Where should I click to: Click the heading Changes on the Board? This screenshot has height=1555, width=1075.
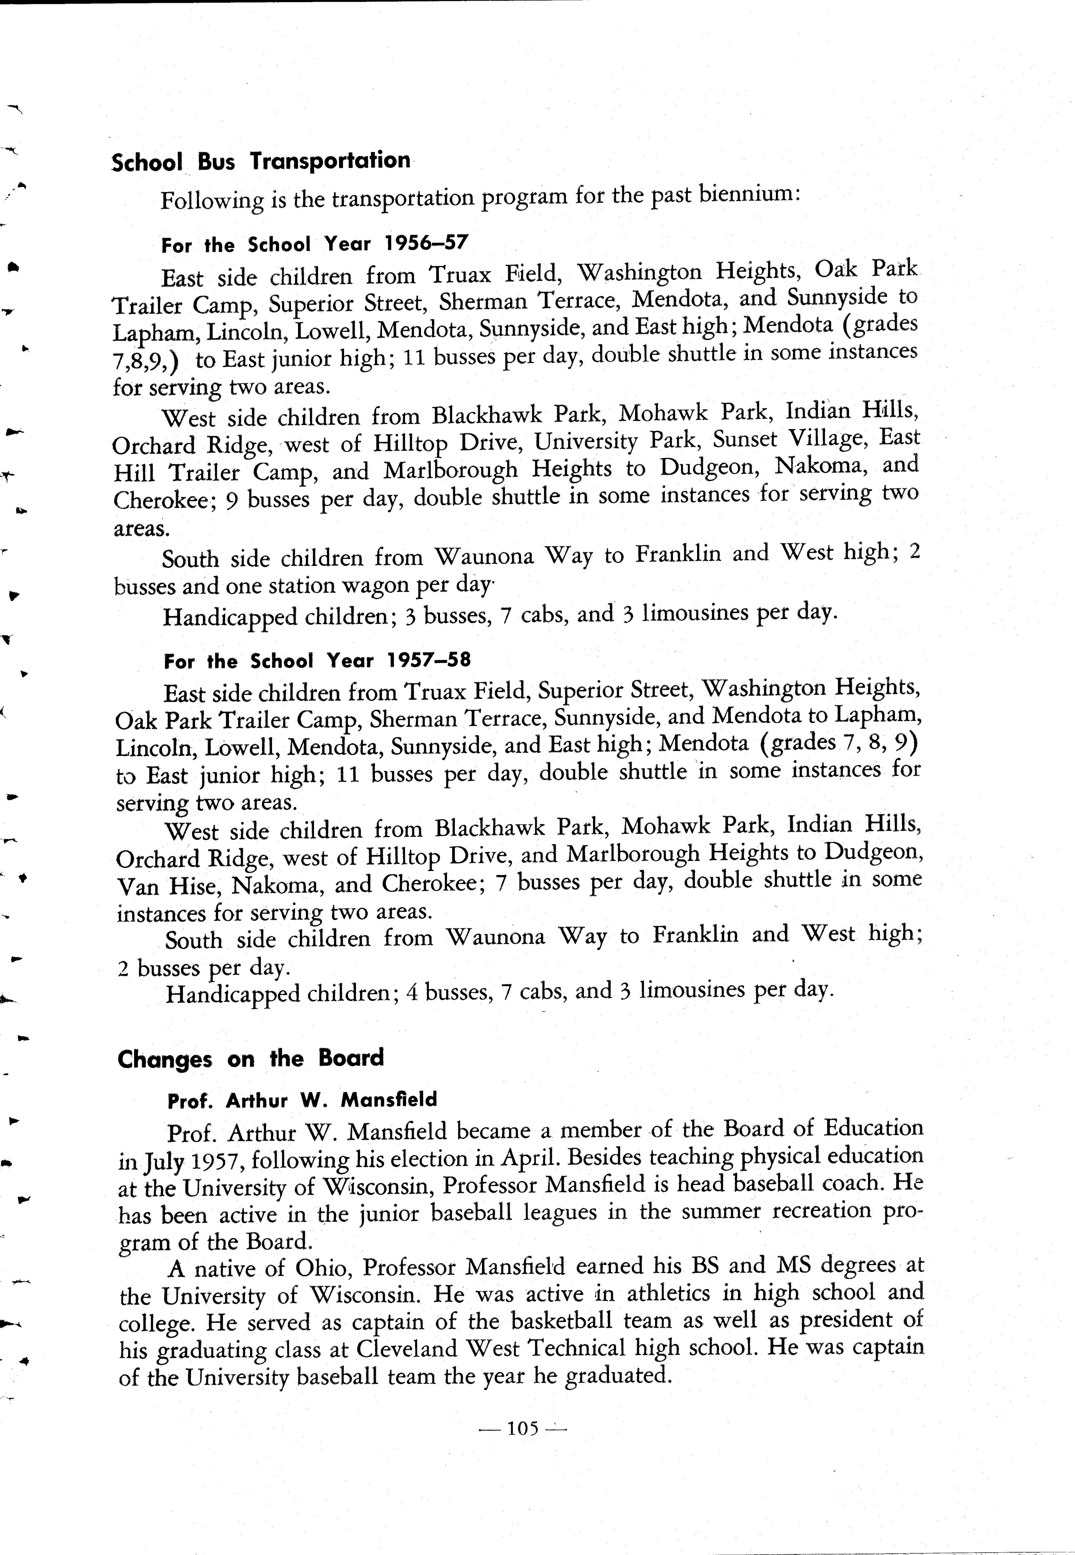[x=251, y=1059]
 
